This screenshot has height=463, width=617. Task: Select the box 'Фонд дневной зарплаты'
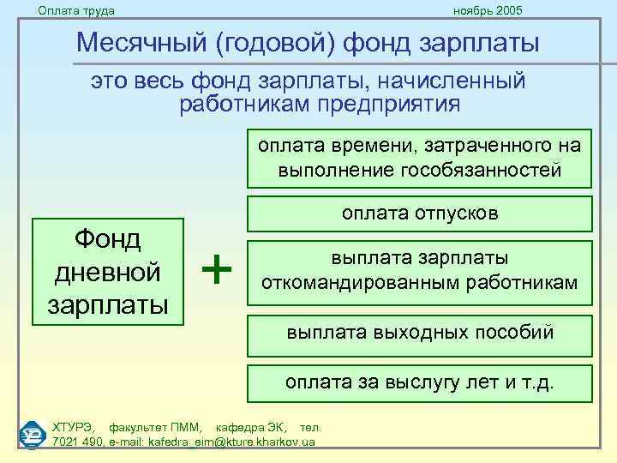[108, 272]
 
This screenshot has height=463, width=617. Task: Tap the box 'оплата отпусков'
[420, 213]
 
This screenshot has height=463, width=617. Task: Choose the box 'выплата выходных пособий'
[420, 332]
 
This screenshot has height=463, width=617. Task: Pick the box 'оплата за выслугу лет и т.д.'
[420, 382]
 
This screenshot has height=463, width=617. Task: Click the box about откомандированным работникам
[420, 271]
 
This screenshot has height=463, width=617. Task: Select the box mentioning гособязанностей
[420, 158]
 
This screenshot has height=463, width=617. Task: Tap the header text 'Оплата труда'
[76, 10]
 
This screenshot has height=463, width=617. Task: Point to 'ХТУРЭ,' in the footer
[75, 427]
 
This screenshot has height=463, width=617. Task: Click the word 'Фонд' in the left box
[108, 240]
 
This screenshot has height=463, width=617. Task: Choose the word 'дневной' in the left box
[108, 272]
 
